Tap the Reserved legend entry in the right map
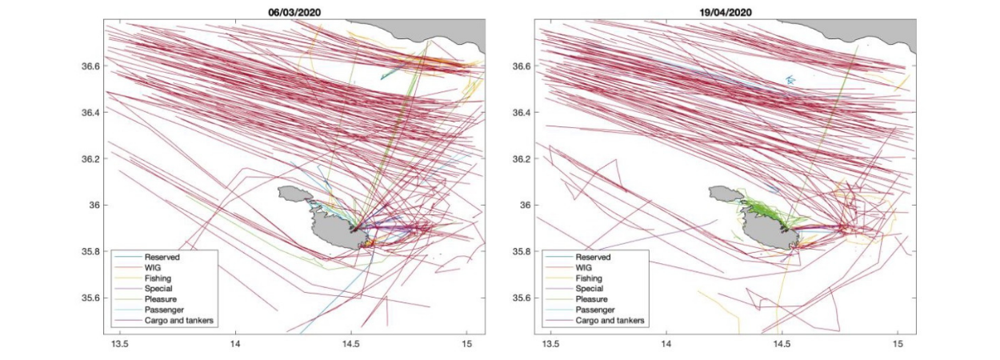(x=594, y=257)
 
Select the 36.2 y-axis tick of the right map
(x=524, y=159)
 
